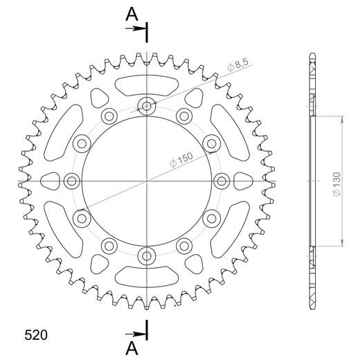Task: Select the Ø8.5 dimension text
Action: pyautogui.click(x=239, y=66)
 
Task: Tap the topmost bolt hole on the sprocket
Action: pyautogui.click(x=147, y=106)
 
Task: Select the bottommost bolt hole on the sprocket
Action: pyautogui.click(x=147, y=256)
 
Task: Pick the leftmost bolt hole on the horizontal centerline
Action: pyautogui.click(x=71, y=181)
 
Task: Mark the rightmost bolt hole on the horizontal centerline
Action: pyautogui.click(x=222, y=181)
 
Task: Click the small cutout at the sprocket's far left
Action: pyautogui.click(x=51, y=181)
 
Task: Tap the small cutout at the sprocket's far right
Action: pyautogui.click(x=243, y=181)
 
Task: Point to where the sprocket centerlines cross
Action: pyautogui.click(x=147, y=181)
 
